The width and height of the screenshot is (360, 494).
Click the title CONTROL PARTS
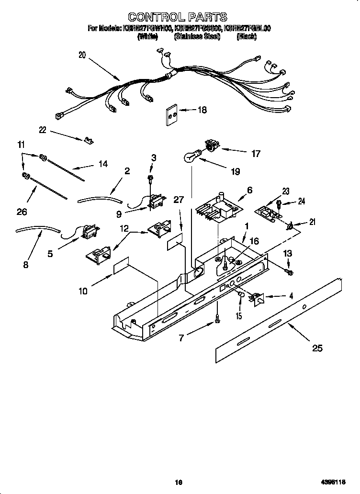coord(178,18)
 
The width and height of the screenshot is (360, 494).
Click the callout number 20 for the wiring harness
coord(82,55)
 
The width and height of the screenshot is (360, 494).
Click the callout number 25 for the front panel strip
coord(317,348)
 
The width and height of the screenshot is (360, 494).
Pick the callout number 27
coord(179,200)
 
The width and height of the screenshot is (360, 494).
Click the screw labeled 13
coord(289,272)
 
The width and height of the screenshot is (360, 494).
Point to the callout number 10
coord(83,291)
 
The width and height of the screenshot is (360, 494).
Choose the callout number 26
coord(22,211)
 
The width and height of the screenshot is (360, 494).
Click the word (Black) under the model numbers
coord(247,37)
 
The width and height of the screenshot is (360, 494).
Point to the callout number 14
coord(102,164)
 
